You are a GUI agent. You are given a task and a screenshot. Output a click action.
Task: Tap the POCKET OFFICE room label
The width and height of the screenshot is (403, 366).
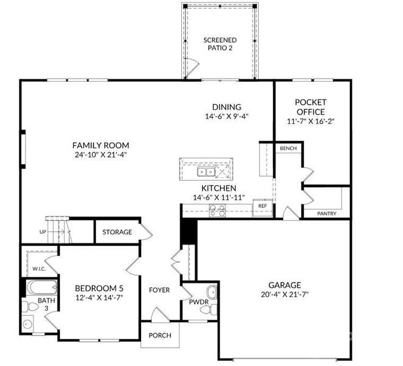311,107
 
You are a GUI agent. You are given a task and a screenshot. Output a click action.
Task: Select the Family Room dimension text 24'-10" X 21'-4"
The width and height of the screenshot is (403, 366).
101,154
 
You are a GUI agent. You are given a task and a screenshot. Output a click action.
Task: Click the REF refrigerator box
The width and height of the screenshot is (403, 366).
263,206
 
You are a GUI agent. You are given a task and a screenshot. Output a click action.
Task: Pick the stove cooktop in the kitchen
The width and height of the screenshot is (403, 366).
217,210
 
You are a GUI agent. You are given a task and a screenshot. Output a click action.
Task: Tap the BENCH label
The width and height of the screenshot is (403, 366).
288,149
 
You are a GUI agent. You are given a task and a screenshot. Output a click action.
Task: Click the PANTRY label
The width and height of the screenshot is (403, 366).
327,213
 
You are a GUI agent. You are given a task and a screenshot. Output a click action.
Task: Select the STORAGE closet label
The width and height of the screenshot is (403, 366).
117,232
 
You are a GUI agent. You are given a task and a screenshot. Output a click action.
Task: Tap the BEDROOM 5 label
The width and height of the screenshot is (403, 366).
98,289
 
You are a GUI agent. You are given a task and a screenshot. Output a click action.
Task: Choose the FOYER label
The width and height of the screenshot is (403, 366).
159,290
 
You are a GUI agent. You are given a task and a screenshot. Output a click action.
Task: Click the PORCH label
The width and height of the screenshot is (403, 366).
160,335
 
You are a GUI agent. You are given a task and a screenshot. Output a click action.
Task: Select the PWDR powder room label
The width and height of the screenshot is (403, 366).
199,301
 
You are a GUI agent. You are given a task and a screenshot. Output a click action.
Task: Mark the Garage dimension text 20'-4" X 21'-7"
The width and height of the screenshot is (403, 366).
284,295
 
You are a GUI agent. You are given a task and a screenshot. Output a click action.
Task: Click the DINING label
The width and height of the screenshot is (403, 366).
227,107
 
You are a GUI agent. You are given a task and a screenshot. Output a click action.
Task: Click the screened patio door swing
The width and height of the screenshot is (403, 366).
191,64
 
